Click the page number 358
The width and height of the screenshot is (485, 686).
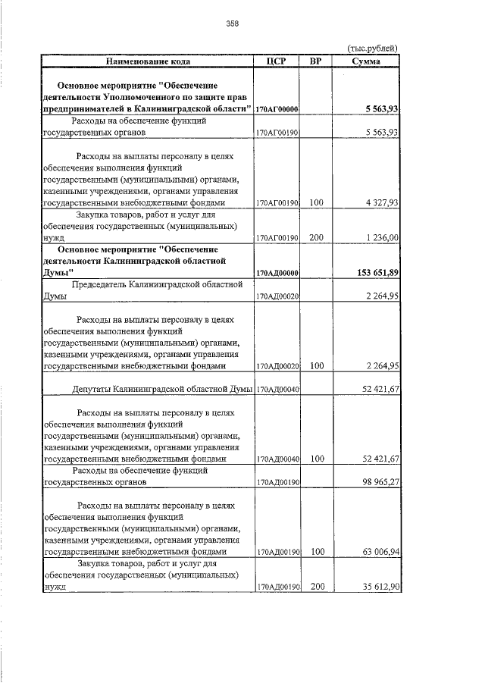point(233,23)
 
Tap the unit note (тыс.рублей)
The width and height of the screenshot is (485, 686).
point(372,49)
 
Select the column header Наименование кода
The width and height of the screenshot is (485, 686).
point(148,61)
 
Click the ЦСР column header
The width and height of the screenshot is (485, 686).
point(275,61)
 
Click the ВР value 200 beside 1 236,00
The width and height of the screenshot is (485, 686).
point(316,237)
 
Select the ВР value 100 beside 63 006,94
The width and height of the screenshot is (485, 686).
point(316,552)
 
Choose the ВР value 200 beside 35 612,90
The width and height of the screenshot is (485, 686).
point(316,587)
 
